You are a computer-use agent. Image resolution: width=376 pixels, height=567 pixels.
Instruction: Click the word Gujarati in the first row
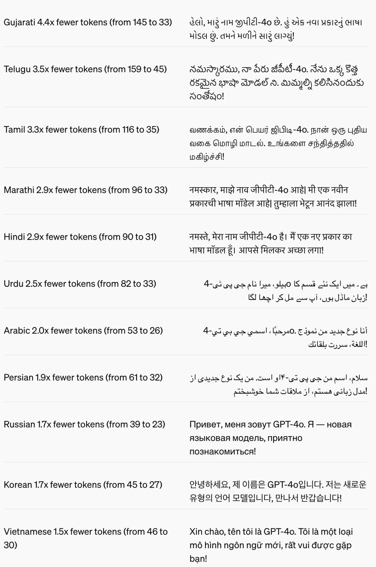coord(19,23)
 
